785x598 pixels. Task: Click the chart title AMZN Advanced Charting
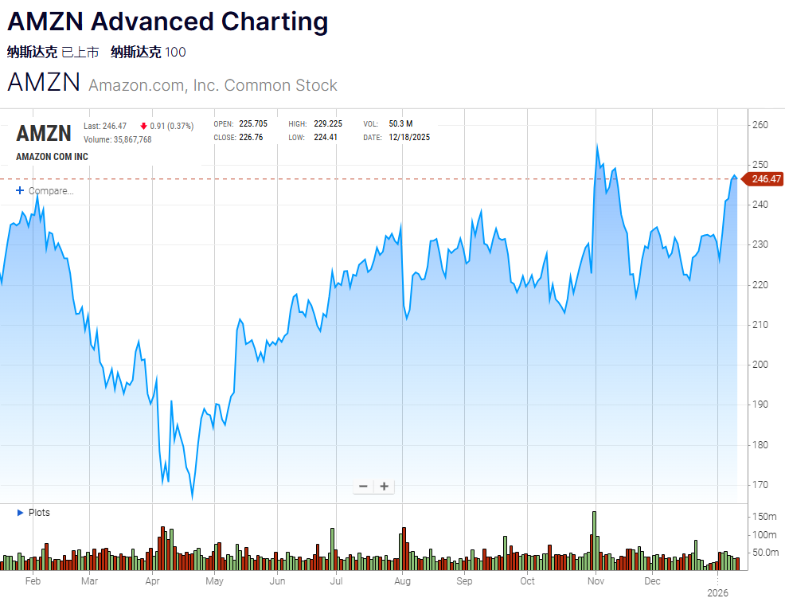(167, 21)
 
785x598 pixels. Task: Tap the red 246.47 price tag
(765, 179)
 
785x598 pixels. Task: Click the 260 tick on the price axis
(760, 125)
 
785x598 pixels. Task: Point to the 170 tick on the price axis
(760, 485)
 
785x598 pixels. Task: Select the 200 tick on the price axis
(760, 365)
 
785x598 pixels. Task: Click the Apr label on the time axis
(154, 581)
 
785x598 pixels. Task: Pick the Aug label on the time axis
(402, 581)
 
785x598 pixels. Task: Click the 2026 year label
(718, 592)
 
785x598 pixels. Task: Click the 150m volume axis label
(764, 517)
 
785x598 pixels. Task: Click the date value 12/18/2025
(409, 137)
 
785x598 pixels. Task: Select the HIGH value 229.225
(327, 124)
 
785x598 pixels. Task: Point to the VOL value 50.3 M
(400, 124)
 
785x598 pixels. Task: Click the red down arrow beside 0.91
(143, 126)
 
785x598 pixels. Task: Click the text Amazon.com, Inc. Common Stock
(213, 85)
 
